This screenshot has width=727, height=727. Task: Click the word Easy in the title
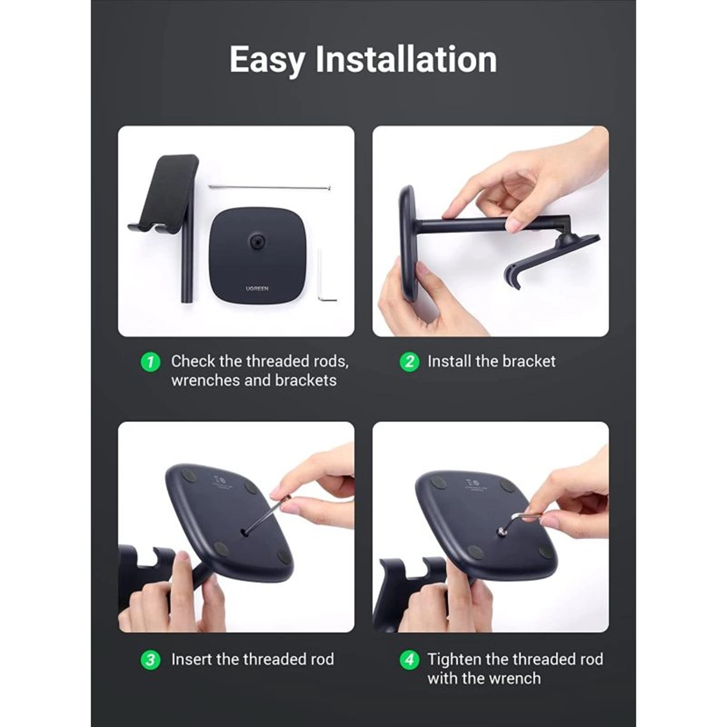click(x=267, y=60)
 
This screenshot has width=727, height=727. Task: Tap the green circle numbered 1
click(x=150, y=362)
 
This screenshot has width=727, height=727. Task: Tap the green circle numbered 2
click(x=409, y=362)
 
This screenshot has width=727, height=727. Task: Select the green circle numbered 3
click(x=150, y=660)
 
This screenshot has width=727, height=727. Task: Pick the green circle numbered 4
click(x=409, y=660)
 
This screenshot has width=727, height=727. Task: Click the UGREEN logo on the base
click(x=257, y=288)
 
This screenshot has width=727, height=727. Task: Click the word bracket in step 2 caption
click(x=529, y=362)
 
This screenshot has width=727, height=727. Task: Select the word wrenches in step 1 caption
click(x=205, y=380)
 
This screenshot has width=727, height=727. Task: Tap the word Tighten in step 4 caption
click(x=454, y=660)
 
